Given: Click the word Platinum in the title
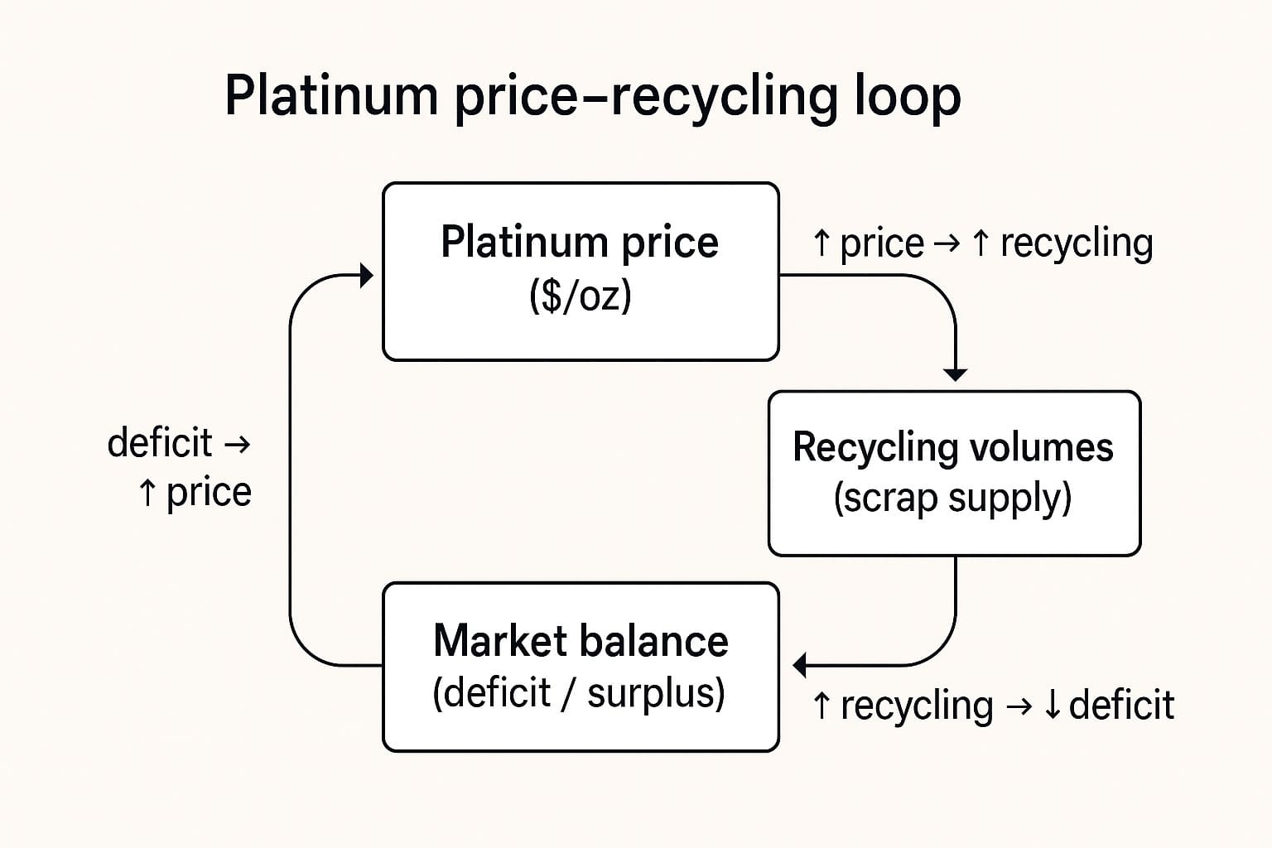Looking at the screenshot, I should (x=330, y=96).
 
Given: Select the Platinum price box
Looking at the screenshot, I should (x=580, y=272).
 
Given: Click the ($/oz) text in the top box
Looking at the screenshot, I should (x=580, y=296).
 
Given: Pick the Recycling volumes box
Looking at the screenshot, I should (x=954, y=473).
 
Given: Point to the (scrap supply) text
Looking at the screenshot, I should (x=952, y=499).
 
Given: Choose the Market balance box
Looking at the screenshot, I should (x=580, y=667).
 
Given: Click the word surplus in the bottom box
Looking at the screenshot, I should (x=655, y=693).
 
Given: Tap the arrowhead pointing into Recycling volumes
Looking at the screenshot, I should (x=956, y=374).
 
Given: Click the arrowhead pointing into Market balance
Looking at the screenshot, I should (x=800, y=665).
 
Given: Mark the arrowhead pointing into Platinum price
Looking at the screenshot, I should (x=367, y=276).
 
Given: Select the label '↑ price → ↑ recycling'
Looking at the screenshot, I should (x=982, y=243).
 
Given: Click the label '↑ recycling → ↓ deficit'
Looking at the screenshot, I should (x=992, y=706).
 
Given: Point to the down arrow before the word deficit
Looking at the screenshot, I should (x=1052, y=706).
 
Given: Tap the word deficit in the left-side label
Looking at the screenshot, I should (x=160, y=442).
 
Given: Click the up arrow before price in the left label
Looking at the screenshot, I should (x=147, y=493).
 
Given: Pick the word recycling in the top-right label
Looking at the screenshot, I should (x=1076, y=243).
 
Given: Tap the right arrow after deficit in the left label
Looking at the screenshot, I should (x=237, y=445).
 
